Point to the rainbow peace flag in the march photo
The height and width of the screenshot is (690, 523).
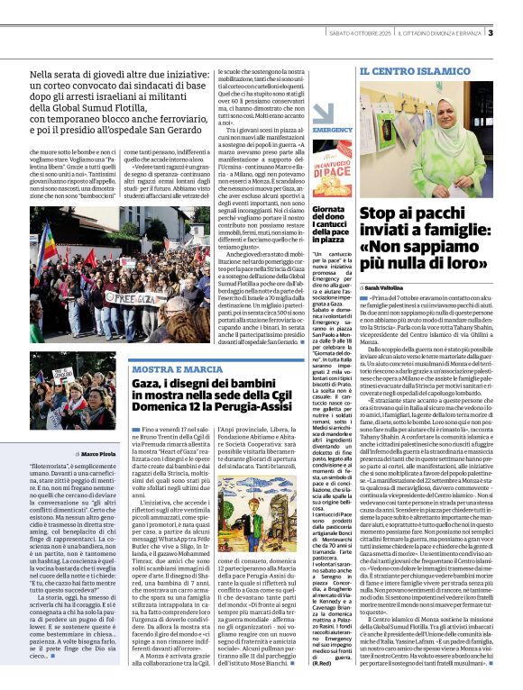(48, 244)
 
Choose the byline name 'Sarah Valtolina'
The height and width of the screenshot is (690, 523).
(388, 286)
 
